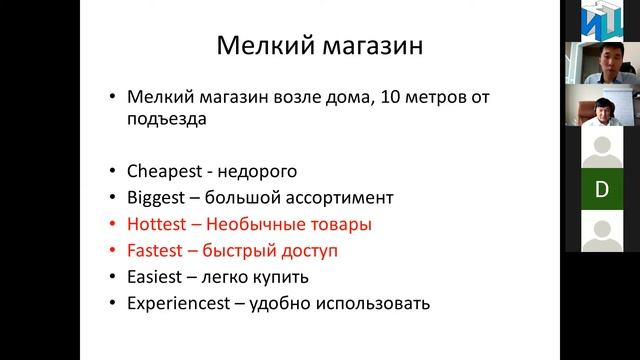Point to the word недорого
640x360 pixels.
click(260, 171)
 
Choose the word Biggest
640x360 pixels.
click(155, 197)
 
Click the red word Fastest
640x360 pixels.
click(154, 249)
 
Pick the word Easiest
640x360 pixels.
click(154, 275)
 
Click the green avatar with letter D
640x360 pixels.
click(602, 189)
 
